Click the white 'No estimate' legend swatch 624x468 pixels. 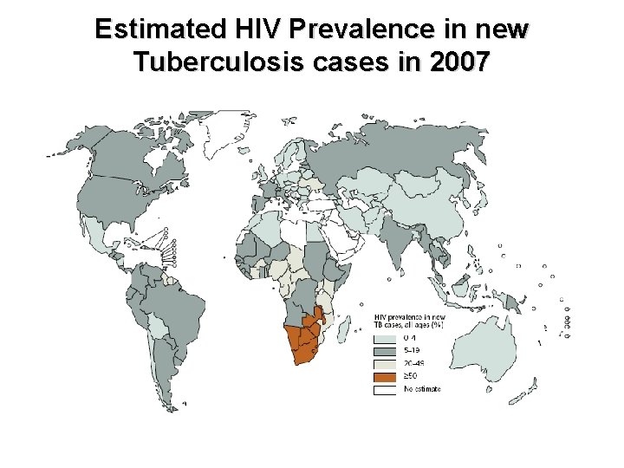385,390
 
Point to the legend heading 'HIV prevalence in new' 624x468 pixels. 410,317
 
